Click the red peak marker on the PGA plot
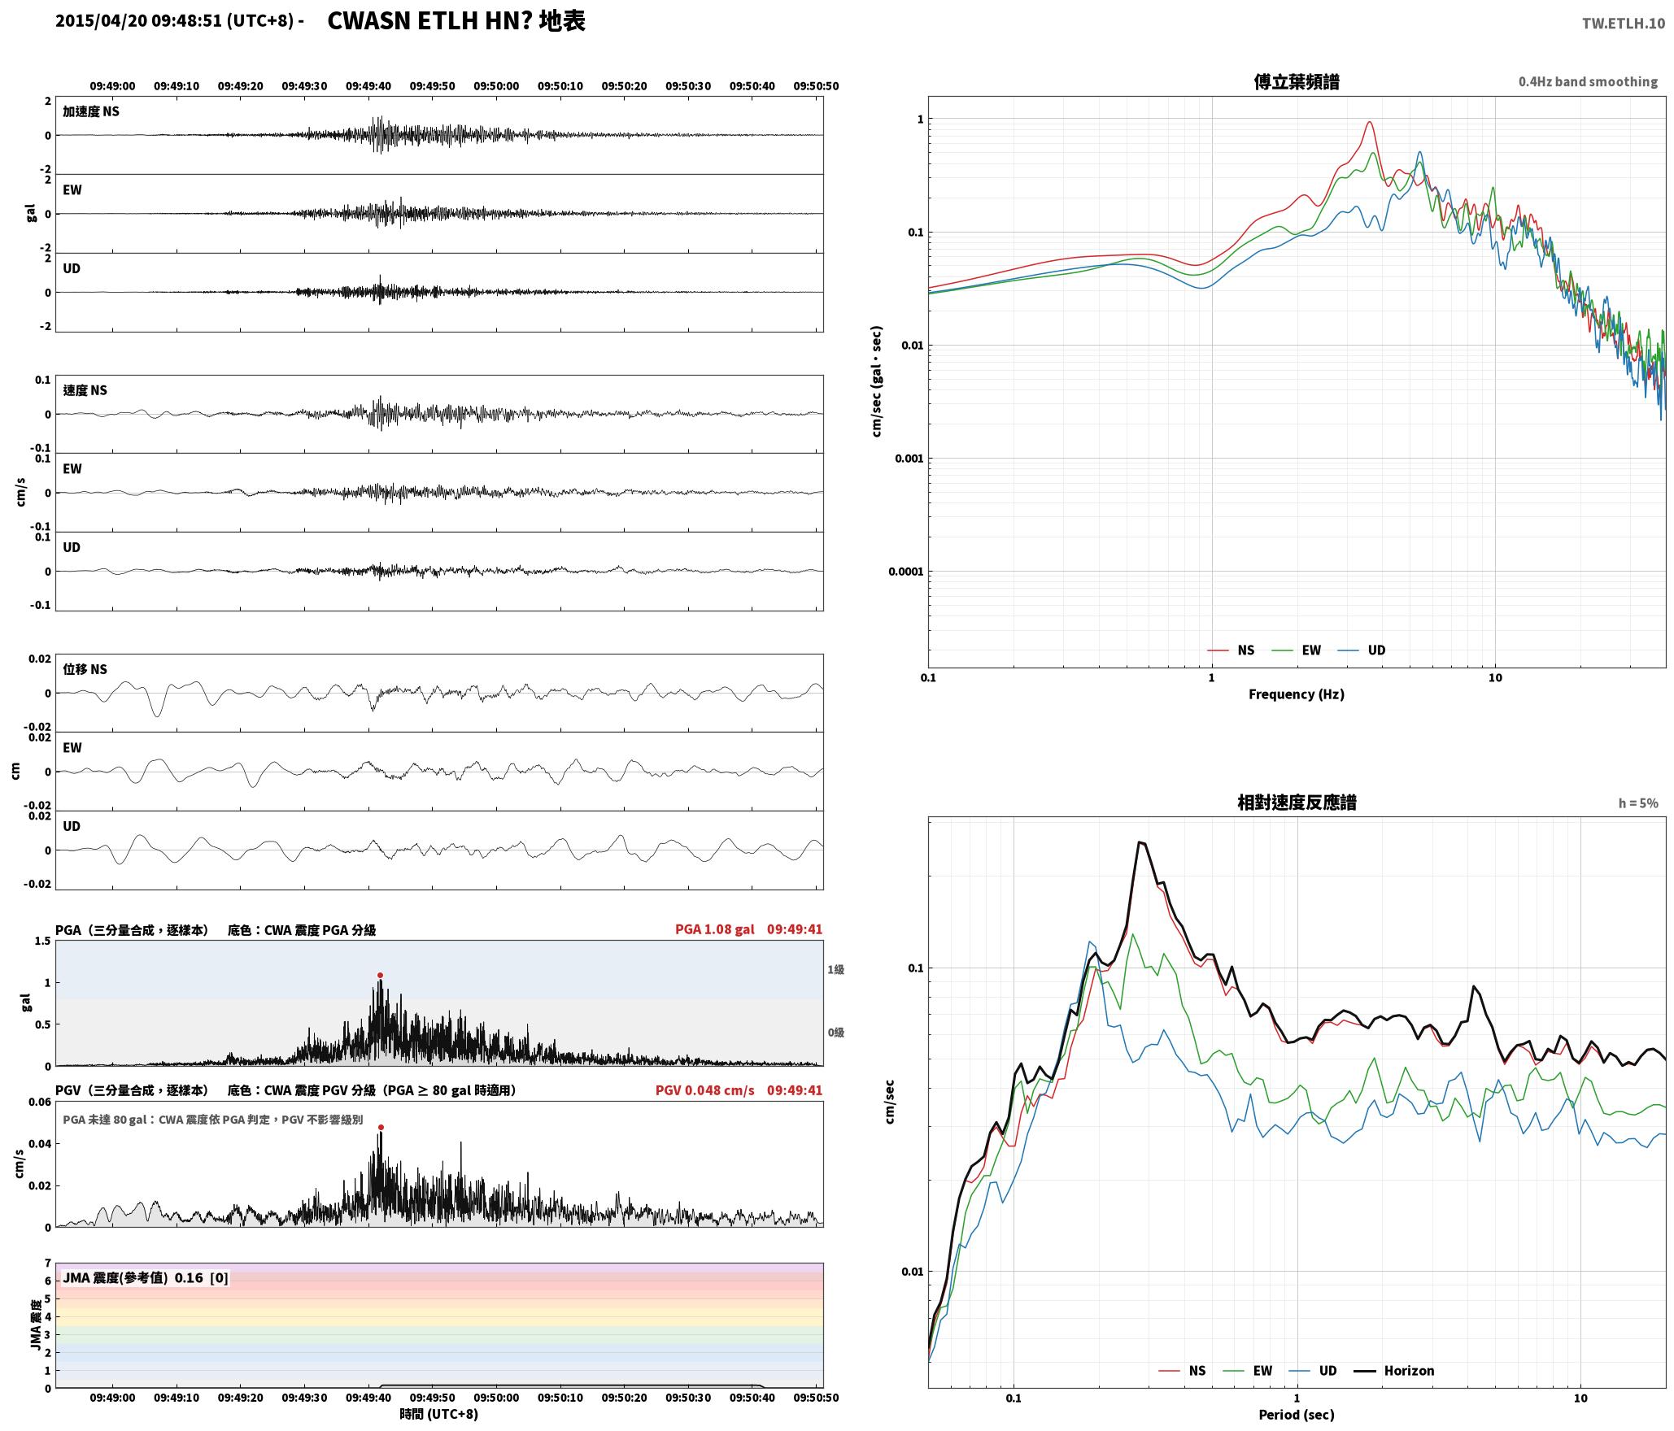coord(380,975)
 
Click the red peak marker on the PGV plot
coord(381,1127)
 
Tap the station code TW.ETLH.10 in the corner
coord(1623,24)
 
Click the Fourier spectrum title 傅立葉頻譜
coord(1297,82)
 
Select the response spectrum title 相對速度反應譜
coord(1297,802)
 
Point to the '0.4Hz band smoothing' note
coord(1588,81)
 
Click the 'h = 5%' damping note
coord(1637,803)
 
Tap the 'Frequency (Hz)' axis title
coord(1297,694)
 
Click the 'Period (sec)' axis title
coord(1297,1415)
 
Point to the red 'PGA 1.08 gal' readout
coord(714,929)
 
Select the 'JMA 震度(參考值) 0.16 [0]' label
coord(146,1277)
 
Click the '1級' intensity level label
coord(835,969)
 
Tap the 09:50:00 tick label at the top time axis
coord(496,85)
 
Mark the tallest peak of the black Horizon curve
coord(1140,842)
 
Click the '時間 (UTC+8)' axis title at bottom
coord(439,1414)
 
